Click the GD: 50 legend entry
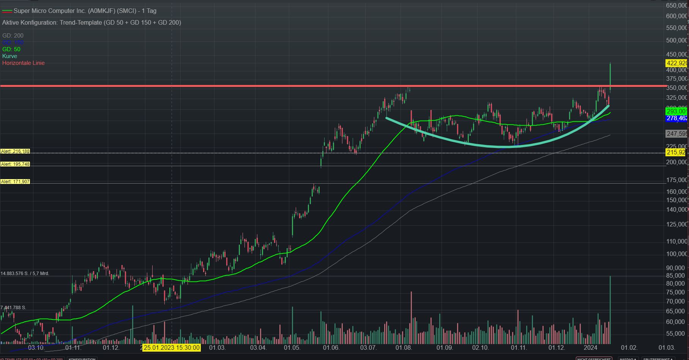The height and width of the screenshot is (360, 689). point(11,49)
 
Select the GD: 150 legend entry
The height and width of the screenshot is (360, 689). point(13,42)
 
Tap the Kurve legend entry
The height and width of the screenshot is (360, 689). point(10,56)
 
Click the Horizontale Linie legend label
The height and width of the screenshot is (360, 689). point(24,63)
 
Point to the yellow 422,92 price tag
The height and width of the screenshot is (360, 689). point(676,63)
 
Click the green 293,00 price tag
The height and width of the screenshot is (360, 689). point(676,111)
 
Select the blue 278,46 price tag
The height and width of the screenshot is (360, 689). point(676,118)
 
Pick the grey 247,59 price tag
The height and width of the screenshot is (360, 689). point(676,134)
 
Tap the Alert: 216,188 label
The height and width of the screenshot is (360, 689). point(15,151)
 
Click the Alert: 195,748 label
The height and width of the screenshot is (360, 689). point(15,164)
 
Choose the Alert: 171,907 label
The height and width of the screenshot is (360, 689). point(15,182)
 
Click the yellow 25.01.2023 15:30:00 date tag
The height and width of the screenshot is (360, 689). point(172,347)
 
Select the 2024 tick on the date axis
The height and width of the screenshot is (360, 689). point(590,347)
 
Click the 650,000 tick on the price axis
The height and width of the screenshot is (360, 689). point(676,5)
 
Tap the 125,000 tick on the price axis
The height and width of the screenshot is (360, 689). point(676,224)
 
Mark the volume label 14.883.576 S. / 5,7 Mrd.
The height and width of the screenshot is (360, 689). point(25,273)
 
